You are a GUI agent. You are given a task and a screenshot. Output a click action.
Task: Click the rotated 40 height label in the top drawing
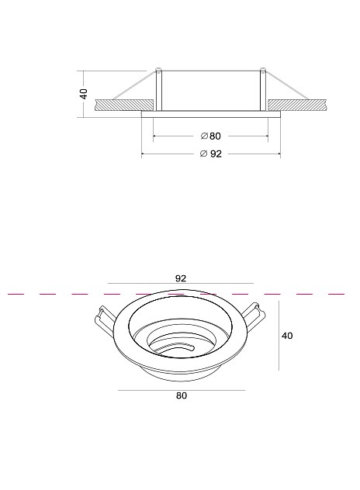[84, 94]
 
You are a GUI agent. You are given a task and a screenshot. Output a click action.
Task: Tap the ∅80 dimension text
[210, 136]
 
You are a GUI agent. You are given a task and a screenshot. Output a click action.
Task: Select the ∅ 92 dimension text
[210, 154]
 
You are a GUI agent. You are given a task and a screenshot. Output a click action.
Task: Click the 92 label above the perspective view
[181, 278]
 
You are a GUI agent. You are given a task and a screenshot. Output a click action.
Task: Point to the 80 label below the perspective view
[182, 395]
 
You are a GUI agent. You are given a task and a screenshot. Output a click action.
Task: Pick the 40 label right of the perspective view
[287, 336]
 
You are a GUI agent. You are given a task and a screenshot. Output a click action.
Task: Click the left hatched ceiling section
[124, 105]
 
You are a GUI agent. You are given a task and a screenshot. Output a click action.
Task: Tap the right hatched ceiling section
[297, 105]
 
